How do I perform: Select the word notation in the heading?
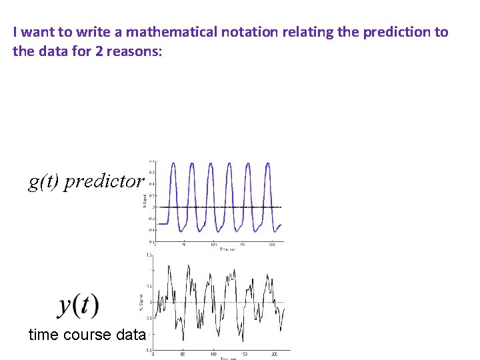(241, 32)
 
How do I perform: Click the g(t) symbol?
(44, 181)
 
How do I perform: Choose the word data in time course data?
(131, 335)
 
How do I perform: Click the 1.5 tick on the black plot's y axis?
(150, 255)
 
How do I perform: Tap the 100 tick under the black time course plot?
(214, 354)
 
